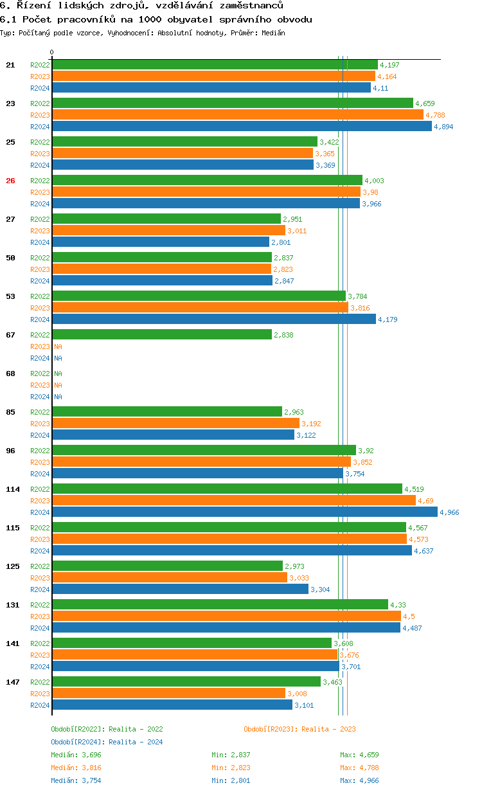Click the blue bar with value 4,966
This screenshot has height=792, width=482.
(x=244, y=512)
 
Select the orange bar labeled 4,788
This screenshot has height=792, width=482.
(x=238, y=114)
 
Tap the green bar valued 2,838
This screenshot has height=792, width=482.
(x=162, y=334)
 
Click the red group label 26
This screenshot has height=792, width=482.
(x=10, y=181)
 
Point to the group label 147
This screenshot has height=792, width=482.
(x=12, y=682)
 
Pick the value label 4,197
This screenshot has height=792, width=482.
(x=389, y=65)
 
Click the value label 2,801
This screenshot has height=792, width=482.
(x=281, y=242)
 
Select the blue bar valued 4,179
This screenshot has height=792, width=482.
(x=213, y=319)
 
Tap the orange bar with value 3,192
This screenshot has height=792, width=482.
(x=175, y=423)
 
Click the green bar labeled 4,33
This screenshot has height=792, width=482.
(x=220, y=604)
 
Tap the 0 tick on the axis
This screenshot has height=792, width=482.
(x=52, y=53)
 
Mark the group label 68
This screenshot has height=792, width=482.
(x=10, y=373)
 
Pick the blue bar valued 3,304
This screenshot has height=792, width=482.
(x=180, y=589)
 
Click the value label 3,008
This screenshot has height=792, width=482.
(x=297, y=694)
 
